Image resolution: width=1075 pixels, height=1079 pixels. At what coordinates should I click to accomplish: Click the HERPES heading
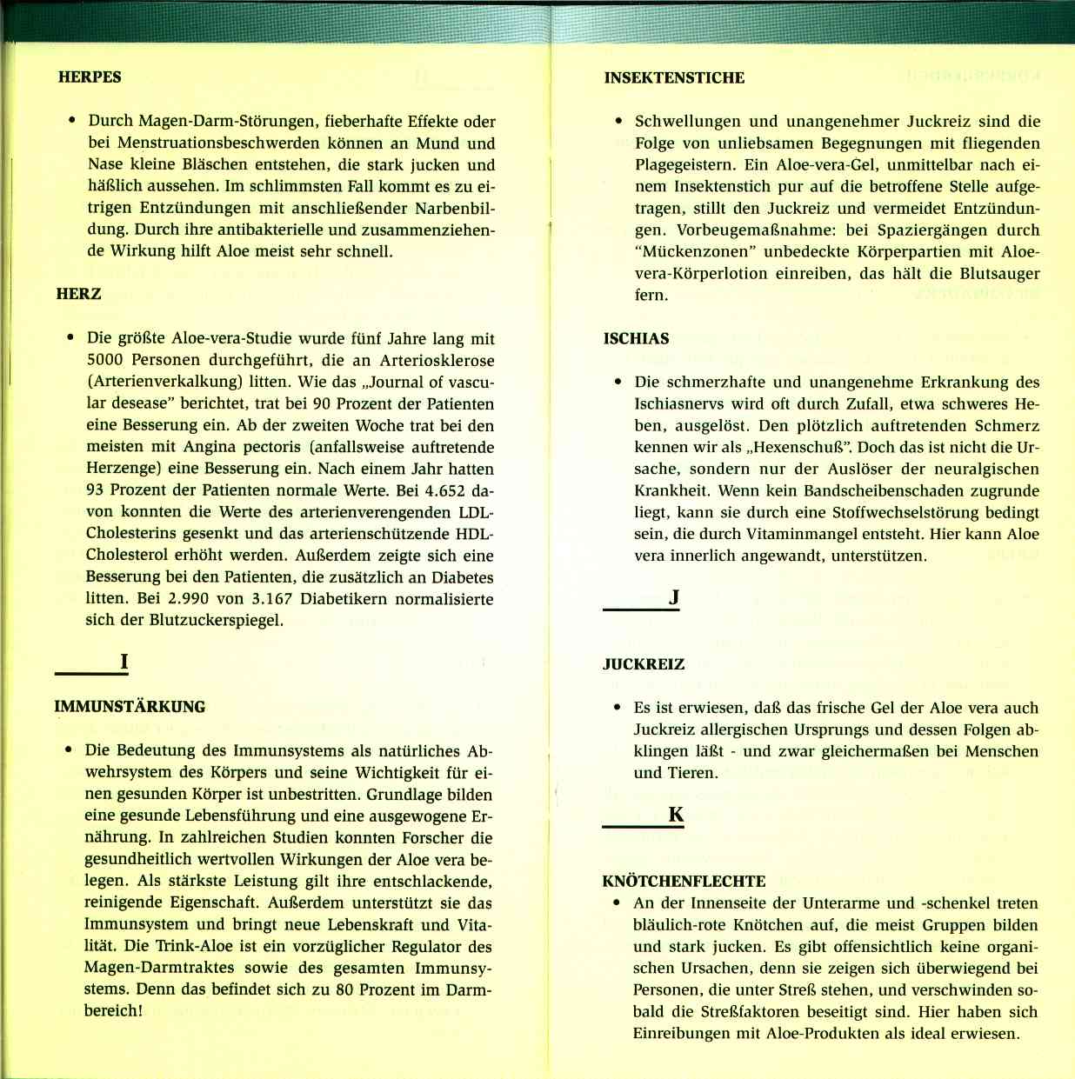tap(90, 77)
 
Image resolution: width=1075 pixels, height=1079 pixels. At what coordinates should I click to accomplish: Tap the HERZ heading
tap(78, 294)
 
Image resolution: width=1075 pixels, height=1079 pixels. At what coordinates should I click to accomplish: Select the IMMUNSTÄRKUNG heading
tap(130, 707)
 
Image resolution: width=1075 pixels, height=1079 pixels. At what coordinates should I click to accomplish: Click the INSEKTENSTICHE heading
tap(674, 77)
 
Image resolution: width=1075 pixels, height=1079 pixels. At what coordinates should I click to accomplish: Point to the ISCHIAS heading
tap(636, 338)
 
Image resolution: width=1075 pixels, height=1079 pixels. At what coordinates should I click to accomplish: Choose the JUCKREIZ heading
tap(644, 664)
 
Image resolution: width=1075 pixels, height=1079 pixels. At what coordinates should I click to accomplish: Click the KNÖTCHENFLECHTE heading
tap(684, 881)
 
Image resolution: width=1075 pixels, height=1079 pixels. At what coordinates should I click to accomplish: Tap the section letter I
tap(124, 662)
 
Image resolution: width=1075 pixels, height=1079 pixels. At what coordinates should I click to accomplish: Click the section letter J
tap(673, 597)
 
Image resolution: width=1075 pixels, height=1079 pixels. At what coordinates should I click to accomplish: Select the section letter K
tap(676, 815)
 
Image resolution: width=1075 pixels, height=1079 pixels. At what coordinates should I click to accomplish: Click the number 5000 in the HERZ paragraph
tap(106, 360)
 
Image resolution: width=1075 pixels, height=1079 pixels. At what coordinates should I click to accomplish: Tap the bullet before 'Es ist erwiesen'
tap(618, 708)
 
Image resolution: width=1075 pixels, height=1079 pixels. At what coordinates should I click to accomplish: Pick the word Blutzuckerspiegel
tap(216, 621)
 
